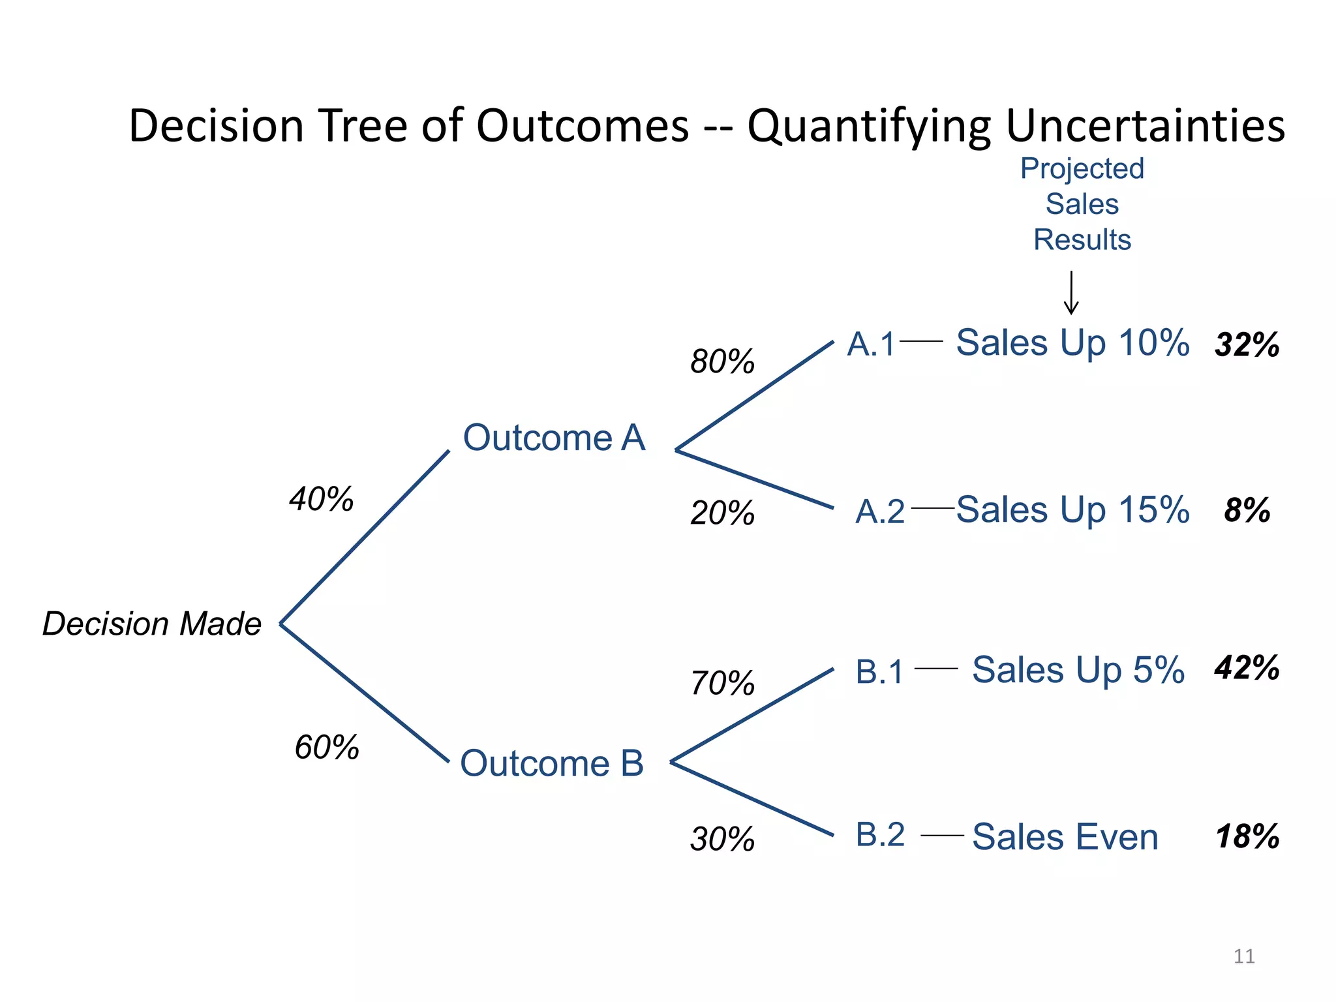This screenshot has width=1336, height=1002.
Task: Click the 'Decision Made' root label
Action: click(152, 624)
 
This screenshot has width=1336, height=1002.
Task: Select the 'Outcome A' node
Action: click(554, 437)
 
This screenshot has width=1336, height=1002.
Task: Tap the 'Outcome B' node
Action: click(552, 763)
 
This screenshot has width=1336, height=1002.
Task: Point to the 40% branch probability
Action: click(322, 499)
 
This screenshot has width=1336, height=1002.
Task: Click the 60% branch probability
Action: click(327, 747)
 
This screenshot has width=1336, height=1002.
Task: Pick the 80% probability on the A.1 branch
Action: click(722, 361)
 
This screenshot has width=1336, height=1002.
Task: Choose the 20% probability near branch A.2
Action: click(722, 513)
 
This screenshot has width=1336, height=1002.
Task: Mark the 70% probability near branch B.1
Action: click(722, 684)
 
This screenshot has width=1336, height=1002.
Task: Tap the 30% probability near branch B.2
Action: click(722, 839)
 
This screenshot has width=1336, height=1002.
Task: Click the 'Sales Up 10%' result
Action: click(1072, 343)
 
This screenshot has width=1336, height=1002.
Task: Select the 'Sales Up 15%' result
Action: click(1072, 509)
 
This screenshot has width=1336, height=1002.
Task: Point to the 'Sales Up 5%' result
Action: click(1078, 670)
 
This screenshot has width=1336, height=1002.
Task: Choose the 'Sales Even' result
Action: click(1065, 837)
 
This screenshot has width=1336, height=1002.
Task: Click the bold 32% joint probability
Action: click(1247, 344)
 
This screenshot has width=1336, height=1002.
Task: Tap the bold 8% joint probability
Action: click(1247, 510)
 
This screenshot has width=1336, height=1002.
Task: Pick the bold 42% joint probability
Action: click(1247, 668)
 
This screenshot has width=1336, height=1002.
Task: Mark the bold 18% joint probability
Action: click(1247, 836)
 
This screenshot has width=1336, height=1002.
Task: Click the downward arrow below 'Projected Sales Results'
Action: click(1071, 294)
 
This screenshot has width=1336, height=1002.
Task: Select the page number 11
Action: click(1244, 956)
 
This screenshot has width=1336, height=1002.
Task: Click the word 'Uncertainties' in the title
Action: click(1146, 125)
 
